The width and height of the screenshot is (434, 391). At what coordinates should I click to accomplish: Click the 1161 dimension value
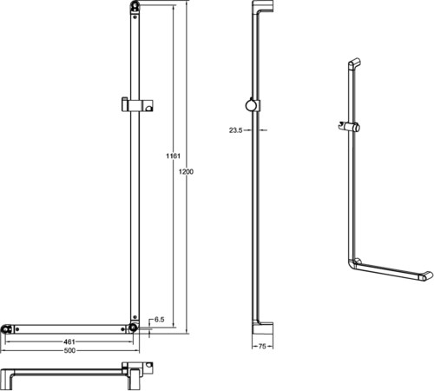(173, 156)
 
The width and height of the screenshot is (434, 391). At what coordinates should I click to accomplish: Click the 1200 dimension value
(186, 172)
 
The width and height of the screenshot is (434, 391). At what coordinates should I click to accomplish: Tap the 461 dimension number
(69, 342)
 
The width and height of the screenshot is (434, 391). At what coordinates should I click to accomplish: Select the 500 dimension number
(69, 350)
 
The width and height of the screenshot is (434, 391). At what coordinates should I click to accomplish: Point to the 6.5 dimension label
(159, 320)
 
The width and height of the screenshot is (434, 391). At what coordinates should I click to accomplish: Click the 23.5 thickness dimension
(235, 130)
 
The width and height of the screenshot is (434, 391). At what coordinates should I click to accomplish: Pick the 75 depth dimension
(262, 346)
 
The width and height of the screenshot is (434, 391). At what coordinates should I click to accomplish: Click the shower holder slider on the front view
(137, 104)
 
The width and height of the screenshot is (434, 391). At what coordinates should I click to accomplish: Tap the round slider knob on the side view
(251, 105)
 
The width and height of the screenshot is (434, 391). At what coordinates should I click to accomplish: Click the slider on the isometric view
(349, 127)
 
